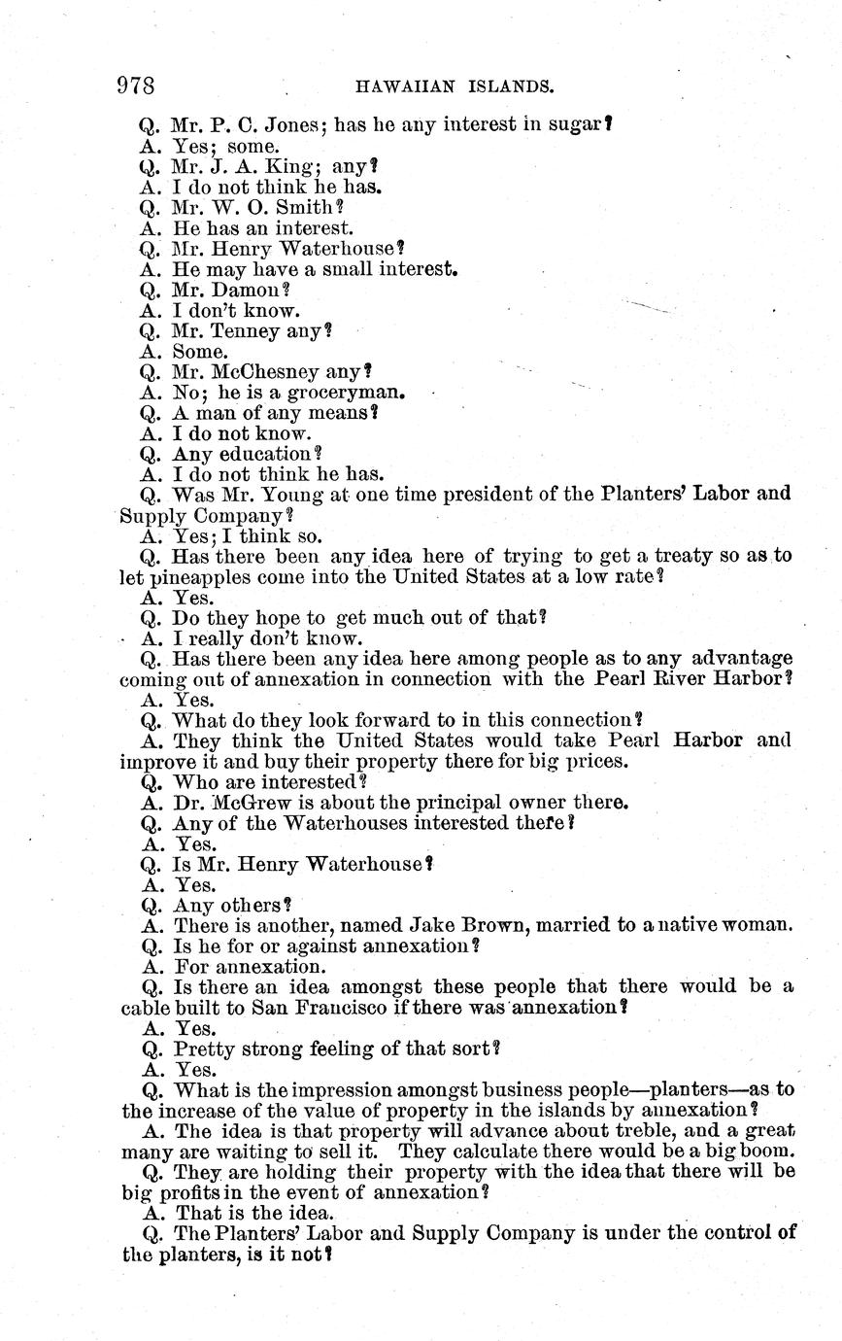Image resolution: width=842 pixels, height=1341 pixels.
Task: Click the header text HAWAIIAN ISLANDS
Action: (x=455, y=87)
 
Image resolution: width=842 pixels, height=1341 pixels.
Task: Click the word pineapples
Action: (x=207, y=576)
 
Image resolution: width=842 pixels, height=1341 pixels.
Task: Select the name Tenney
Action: (x=256, y=331)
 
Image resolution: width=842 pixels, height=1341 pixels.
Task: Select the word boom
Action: (x=768, y=1152)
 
